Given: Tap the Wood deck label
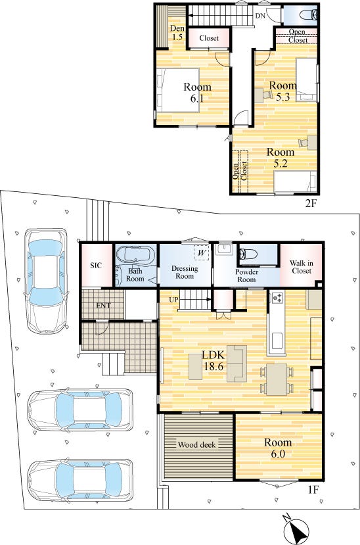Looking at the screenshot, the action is [x=197, y=444].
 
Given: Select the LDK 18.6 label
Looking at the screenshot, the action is [x=214, y=360].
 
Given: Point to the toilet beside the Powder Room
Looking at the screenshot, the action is [x=248, y=254].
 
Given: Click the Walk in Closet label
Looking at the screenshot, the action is [x=302, y=267].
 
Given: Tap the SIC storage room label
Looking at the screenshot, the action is [x=96, y=266].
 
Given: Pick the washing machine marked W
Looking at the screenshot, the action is [x=201, y=252].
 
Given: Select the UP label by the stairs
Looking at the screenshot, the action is [x=174, y=299].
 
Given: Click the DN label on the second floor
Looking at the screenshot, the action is [x=260, y=16].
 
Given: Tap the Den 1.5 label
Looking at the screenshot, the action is [x=177, y=33].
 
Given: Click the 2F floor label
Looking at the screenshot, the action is [x=311, y=204].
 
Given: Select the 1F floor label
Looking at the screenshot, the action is [x=313, y=490].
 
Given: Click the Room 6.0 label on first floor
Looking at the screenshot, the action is [x=278, y=448].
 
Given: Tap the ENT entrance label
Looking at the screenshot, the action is [x=103, y=306].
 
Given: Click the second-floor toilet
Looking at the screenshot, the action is [x=308, y=14].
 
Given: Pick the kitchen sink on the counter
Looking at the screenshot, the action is [x=277, y=341].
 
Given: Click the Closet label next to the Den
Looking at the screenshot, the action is [x=209, y=38].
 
